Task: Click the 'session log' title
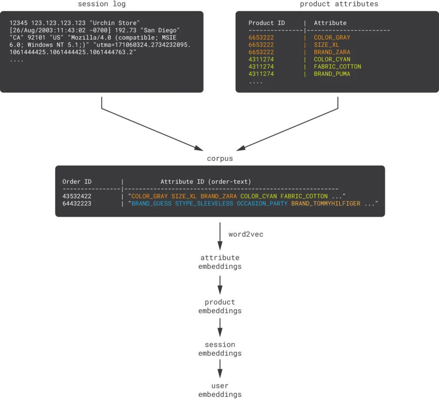[x=102, y=4]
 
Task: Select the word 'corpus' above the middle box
[x=220, y=158]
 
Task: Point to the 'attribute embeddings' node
[x=220, y=262]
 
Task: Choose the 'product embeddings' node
[x=220, y=306]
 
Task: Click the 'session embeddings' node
[x=220, y=349]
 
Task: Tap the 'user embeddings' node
[x=220, y=390]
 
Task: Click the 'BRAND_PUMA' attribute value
[x=332, y=74]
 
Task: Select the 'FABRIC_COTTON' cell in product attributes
[x=337, y=66]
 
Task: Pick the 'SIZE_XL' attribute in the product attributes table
[x=326, y=45]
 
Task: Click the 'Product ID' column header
[x=267, y=23]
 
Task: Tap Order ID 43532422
[x=77, y=196]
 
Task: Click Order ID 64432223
[x=77, y=203]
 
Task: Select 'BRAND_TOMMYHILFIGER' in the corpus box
[x=326, y=203]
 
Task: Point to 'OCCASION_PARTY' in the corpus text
[x=262, y=203]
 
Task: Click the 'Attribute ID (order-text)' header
[x=206, y=181]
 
